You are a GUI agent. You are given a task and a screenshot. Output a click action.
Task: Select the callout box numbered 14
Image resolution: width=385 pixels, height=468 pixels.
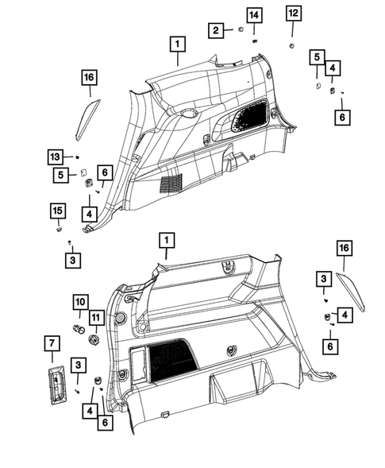[x=253, y=16]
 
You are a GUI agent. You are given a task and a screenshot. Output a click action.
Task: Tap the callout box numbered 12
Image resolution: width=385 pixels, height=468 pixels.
[x=294, y=14]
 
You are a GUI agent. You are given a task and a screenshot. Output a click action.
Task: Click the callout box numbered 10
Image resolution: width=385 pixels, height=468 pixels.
[x=80, y=303]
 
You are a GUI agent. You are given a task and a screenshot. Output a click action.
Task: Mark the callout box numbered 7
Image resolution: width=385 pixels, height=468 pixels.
[x=50, y=344]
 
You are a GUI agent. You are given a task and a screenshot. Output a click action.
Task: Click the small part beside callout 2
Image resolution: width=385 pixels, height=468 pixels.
[x=238, y=30]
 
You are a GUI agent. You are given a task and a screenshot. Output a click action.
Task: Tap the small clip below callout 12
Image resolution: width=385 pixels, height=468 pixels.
[x=293, y=47]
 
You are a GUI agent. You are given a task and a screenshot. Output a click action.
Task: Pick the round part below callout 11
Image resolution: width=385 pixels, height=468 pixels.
[x=94, y=338]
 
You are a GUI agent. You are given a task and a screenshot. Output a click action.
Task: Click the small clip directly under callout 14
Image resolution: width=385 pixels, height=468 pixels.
[x=253, y=39]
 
